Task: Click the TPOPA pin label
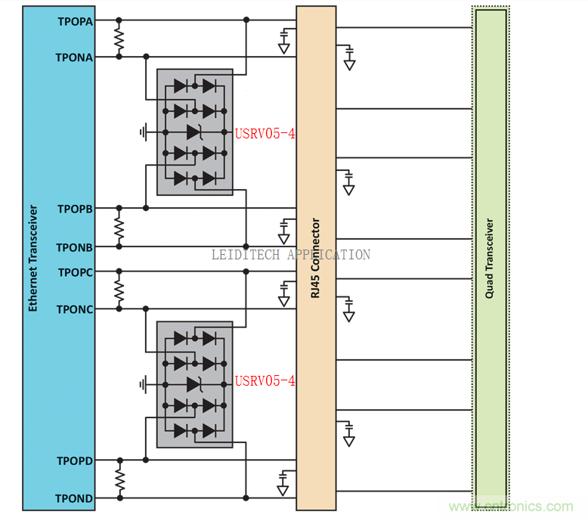(75, 21)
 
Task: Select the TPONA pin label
(75, 57)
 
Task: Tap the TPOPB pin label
(75, 209)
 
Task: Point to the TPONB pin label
(75, 247)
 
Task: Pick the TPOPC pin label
(75, 272)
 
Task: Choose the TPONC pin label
(75, 309)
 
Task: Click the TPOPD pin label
(75, 461)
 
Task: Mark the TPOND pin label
(75, 498)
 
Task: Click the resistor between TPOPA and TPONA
(119, 39)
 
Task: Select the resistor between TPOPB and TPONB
(119, 227)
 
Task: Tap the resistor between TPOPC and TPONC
(119, 290)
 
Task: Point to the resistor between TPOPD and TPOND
(119, 479)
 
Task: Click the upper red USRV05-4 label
(265, 134)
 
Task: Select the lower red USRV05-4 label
(265, 380)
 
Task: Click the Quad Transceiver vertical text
(490, 258)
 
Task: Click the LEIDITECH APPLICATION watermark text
(291, 255)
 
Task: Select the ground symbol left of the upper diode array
(143, 132)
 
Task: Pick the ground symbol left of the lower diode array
(143, 385)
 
